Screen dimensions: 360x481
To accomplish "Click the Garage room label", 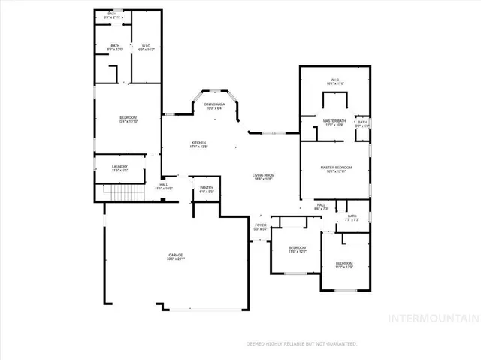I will click(176, 257).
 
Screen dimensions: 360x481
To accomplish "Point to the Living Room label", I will click(262, 177).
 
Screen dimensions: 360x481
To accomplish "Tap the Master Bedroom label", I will click(336, 168).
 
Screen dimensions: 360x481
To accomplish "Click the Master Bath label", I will click(334, 123).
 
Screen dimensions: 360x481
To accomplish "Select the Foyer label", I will click(260, 226).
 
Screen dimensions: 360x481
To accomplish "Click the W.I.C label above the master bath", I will click(335, 82).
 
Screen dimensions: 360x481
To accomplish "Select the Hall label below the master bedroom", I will click(320, 206).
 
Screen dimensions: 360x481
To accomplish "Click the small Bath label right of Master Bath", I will click(362, 123).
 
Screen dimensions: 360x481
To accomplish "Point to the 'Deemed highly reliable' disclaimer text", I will click(301, 343).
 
